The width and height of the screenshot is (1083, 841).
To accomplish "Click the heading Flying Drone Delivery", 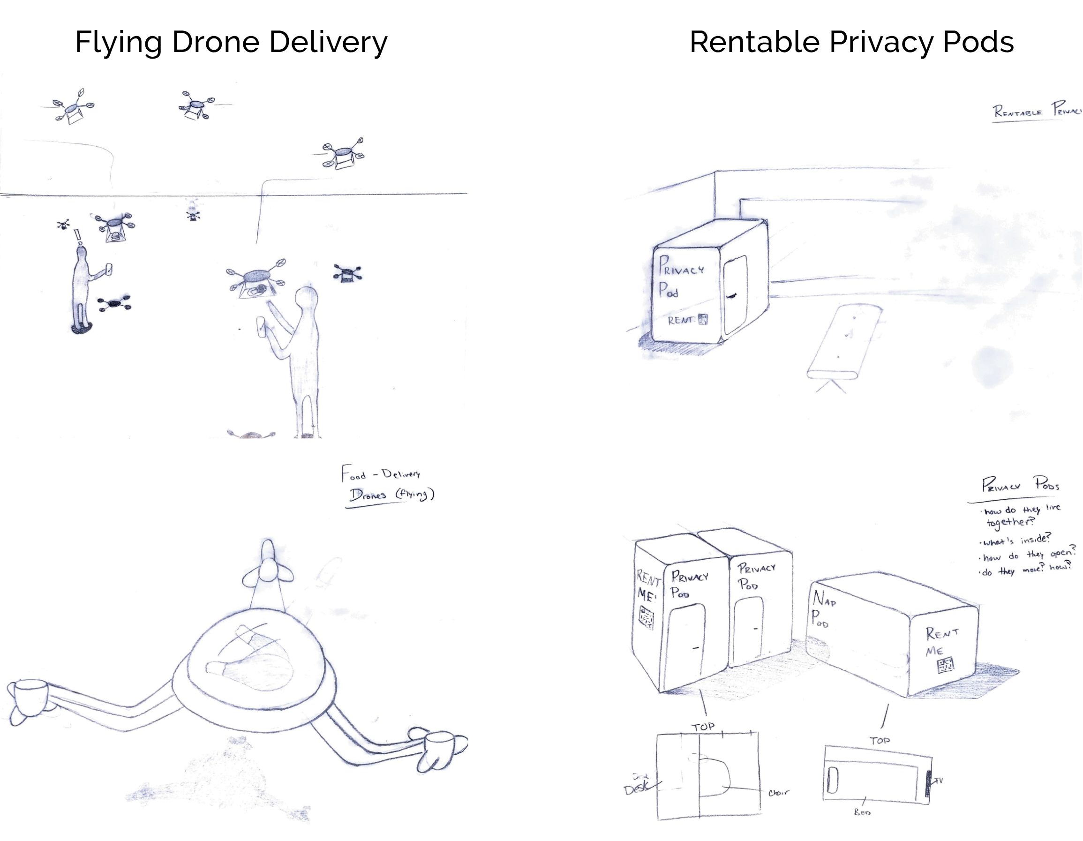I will (x=231, y=42).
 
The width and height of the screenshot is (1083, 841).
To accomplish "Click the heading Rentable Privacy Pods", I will (x=851, y=42).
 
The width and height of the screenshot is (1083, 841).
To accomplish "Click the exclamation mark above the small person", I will (x=77, y=237).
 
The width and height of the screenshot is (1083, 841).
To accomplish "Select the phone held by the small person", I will (x=109, y=269).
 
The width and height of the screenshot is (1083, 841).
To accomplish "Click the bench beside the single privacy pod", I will (x=844, y=342).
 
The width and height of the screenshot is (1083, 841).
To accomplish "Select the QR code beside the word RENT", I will (x=703, y=319).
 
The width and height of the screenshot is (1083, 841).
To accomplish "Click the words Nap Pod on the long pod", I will (x=823, y=609).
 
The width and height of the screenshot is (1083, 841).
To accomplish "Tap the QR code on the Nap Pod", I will (x=945, y=665).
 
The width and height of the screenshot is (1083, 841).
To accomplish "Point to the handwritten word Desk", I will (x=636, y=789).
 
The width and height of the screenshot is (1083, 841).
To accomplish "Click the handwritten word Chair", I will (x=778, y=793).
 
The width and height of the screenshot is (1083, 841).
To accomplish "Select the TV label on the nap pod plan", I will (x=938, y=781).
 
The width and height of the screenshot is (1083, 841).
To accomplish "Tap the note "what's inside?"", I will (x=1016, y=540).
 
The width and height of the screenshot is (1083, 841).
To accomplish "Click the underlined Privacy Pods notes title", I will (x=1021, y=484).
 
